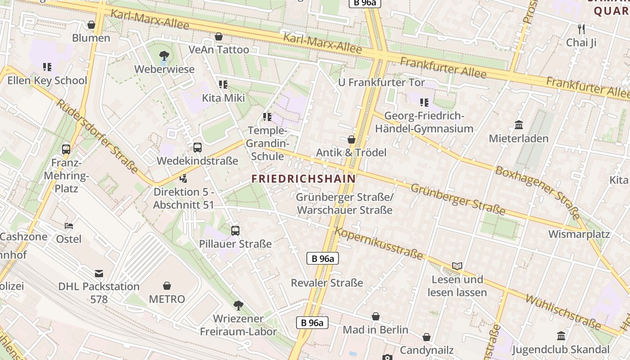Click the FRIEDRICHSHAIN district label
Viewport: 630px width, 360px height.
(x=303, y=179)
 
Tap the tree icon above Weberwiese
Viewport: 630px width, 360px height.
(x=164, y=56)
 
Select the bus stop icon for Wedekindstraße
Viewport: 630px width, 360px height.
(x=197, y=148)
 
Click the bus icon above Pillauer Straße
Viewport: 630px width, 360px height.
(x=235, y=231)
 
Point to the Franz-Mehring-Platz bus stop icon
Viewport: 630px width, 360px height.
(x=66, y=149)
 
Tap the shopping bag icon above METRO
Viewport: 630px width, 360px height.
(x=167, y=286)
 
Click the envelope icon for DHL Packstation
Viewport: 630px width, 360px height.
(x=99, y=274)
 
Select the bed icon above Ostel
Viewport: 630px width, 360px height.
(x=69, y=226)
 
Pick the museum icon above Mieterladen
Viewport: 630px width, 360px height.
(x=518, y=125)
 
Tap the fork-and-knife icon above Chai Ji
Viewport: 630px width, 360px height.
(x=581, y=29)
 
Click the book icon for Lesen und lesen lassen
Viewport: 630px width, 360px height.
(x=457, y=266)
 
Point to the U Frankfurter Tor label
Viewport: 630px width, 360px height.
(x=381, y=82)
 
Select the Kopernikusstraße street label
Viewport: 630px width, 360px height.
(x=379, y=243)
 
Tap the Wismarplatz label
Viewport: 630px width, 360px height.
(x=579, y=234)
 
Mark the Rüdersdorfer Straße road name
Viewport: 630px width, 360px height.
(x=96, y=136)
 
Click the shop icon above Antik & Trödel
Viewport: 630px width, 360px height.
(x=351, y=139)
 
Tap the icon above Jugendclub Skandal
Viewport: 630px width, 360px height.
(x=561, y=336)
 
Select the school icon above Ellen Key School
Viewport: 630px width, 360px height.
(x=47, y=67)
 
